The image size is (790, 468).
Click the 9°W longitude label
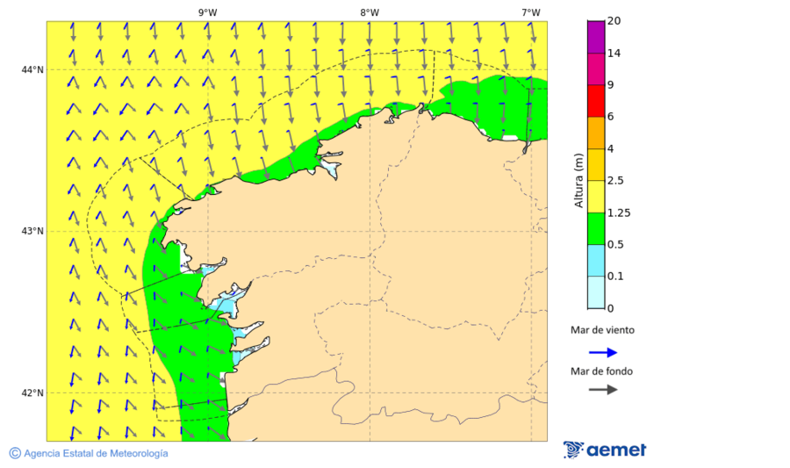click(208, 12)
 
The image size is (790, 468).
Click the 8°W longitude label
click(370, 12)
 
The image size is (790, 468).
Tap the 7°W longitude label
click(530, 12)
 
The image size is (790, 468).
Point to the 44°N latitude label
click(32, 69)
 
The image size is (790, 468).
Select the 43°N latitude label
click(32, 231)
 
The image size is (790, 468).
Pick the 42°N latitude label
click(32, 392)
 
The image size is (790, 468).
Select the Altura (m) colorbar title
click(578, 180)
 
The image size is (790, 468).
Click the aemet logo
click(605, 450)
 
